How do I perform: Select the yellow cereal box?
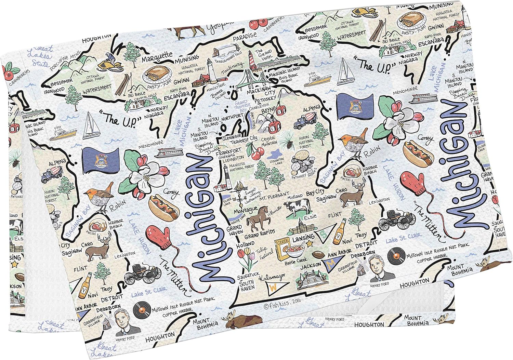pyautogui.click(x=282, y=250)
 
